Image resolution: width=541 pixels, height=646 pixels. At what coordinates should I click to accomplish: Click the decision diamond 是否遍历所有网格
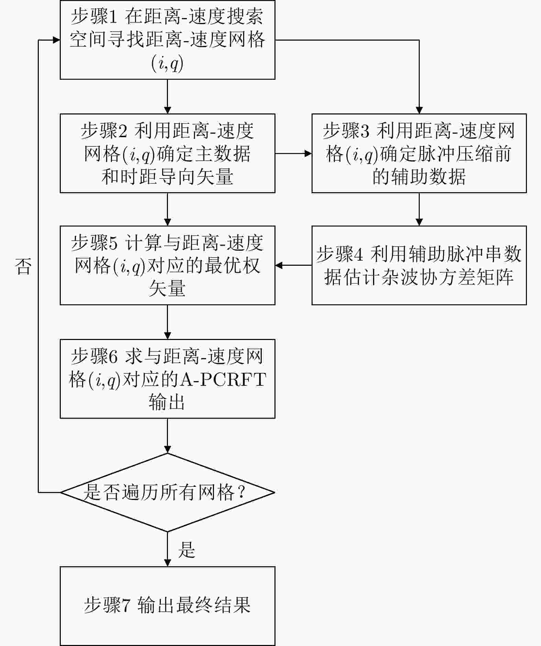pyautogui.click(x=167, y=492)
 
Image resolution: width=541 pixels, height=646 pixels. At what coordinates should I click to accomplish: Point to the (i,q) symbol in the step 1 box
pyautogui.click(x=167, y=63)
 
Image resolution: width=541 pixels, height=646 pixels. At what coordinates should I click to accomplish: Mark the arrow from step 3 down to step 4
pyautogui.click(x=419, y=209)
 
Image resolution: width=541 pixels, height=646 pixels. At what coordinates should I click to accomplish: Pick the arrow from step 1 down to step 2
pyautogui.click(x=167, y=97)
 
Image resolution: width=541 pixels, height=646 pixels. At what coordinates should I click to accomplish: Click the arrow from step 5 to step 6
pyautogui.click(x=167, y=322)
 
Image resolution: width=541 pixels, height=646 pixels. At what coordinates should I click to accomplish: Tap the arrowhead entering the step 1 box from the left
pyautogui.click(x=56, y=40)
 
